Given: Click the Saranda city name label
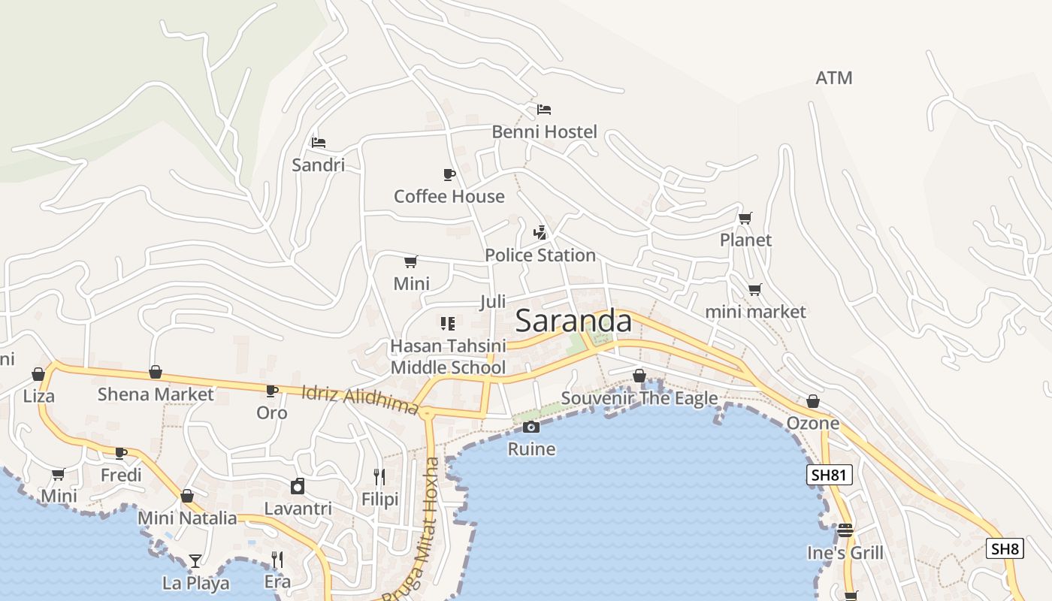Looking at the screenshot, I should click(574, 322).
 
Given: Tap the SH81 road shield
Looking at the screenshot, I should click(830, 475).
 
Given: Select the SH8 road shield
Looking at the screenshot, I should click(1005, 548).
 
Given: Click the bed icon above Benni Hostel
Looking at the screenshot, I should click(544, 110).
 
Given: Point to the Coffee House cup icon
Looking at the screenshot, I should click(449, 175).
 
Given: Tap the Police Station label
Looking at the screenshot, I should click(540, 255).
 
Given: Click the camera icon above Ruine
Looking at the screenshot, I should click(531, 427).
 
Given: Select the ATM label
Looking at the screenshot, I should click(834, 78).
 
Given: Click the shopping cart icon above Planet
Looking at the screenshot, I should click(745, 219).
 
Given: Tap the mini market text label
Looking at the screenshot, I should click(755, 312).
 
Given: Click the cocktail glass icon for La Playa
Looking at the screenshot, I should click(195, 560).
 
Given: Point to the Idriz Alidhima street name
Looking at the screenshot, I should click(359, 400).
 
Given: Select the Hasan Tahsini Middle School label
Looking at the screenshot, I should click(448, 357).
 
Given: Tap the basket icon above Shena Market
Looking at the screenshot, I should click(156, 372).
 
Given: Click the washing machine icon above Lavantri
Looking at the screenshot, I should click(298, 486).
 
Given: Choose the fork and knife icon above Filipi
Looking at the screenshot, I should click(379, 477).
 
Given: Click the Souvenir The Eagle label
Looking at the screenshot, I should click(639, 398).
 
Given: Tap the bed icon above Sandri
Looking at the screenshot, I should click(319, 142).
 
